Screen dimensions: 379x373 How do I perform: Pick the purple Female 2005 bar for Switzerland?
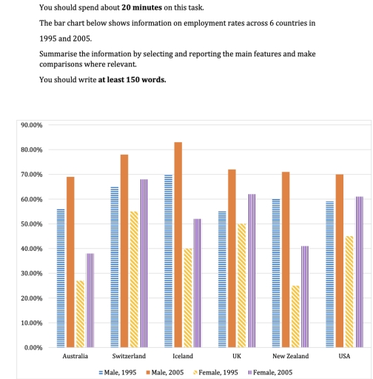pos(143,263)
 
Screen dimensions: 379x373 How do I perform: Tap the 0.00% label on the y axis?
pos(33,347)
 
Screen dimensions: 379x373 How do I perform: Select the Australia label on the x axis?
pos(74,357)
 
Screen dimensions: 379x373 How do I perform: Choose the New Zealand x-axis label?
pos(290,357)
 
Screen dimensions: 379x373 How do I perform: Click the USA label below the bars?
pos(344,357)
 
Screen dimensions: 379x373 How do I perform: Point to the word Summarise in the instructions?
pos(57,56)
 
